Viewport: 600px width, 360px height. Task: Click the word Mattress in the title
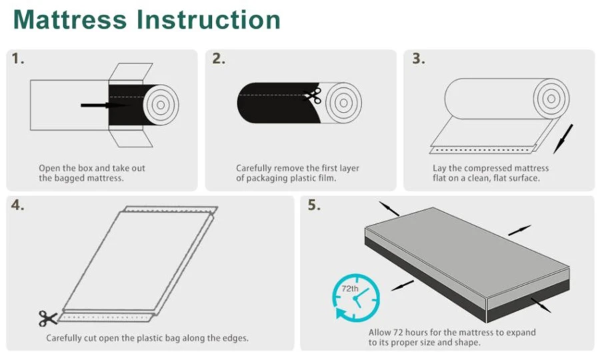[70, 20]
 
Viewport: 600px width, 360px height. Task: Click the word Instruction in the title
[209, 20]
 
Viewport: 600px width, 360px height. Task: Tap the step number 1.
[17, 59]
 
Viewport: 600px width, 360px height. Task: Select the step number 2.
[219, 59]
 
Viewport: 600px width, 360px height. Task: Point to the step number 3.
[419, 59]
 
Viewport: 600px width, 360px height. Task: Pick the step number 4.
[17, 205]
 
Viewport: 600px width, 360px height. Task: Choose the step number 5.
[314, 205]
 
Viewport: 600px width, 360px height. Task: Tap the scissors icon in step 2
[313, 95]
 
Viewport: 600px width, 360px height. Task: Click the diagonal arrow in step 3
[563, 139]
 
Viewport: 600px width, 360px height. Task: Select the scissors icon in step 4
[48, 318]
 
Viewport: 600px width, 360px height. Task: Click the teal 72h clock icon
[356, 297]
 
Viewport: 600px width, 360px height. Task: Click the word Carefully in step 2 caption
[254, 168]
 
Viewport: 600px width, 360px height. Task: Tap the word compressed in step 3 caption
[488, 168]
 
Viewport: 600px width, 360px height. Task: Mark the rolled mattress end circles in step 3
[551, 99]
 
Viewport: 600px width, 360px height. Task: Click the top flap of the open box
[131, 71]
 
